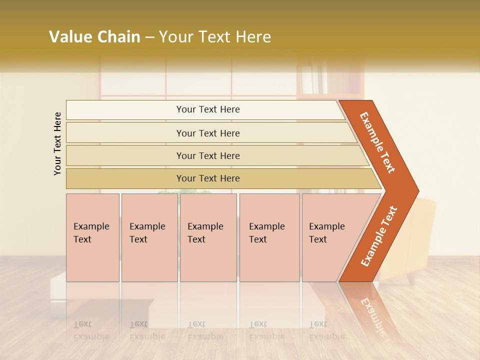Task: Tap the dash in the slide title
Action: coord(149,37)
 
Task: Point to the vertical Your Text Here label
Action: coord(57,143)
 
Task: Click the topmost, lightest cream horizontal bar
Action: coord(207,109)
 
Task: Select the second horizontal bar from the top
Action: coord(207,133)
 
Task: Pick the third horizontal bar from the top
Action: coord(207,155)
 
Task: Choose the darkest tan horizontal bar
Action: coord(207,178)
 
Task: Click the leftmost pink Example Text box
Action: coord(92,237)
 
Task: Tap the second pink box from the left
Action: coord(149,237)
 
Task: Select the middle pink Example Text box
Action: coord(208,237)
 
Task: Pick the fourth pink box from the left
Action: coord(269,237)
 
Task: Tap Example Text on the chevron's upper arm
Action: coord(378,142)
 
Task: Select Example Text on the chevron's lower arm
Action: coord(378,236)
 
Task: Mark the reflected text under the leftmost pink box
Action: coord(91,330)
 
